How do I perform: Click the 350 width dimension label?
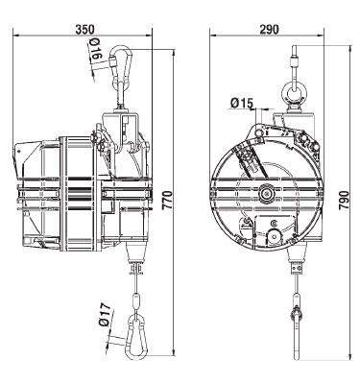coord(85,29)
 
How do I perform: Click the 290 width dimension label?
coord(269,29)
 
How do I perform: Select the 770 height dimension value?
coord(167,201)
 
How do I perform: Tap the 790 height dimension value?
coord(343,201)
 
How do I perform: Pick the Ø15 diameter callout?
coord(242,103)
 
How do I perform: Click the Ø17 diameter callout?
coord(105,315)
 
